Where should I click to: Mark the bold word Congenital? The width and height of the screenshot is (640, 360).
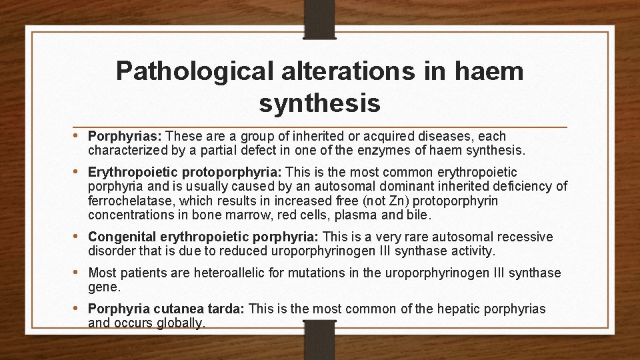click(120, 237)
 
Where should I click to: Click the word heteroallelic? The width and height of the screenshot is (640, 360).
click(257, 273)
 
